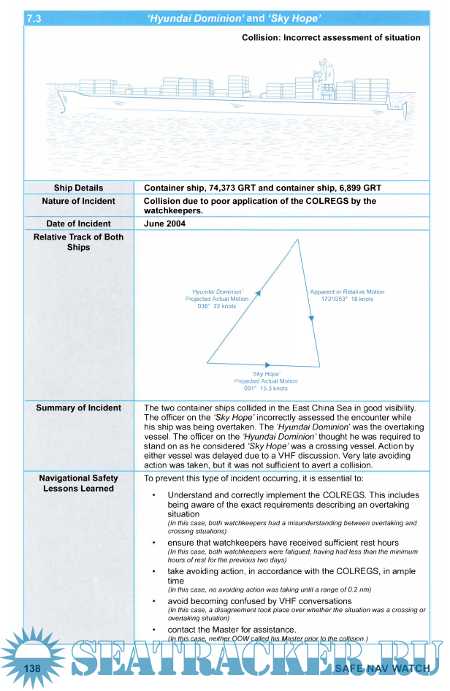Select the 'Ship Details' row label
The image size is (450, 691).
78,188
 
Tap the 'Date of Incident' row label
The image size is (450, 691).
78,224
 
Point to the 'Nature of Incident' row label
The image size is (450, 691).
78,201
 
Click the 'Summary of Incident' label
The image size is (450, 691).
78,408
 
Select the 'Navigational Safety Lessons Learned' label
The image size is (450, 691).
78,484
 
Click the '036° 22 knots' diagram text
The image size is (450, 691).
216,306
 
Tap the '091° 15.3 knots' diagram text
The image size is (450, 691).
265,389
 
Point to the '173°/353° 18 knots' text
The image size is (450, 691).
347,299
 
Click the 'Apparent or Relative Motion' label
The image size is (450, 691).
347,291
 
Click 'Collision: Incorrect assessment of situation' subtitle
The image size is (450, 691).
331,37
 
